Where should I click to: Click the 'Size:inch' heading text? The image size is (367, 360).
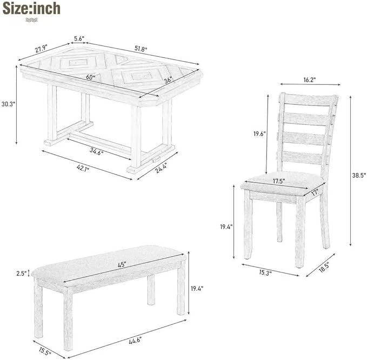31,9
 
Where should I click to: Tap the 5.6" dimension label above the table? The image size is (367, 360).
79,39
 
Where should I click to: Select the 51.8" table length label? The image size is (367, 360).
141,49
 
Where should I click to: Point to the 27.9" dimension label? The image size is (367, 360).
41,49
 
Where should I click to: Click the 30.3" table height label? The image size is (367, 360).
8,104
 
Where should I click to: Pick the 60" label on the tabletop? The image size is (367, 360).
91,77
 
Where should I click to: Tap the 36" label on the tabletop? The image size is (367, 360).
168,80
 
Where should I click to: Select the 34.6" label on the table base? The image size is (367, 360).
96,152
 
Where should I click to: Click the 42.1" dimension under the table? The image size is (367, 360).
83,168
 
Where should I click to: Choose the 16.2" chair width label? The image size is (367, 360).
310,80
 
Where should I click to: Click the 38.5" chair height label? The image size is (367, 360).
359,175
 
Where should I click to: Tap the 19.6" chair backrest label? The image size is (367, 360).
260,134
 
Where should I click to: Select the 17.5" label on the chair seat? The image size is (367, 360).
279,181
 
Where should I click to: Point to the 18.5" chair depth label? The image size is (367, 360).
324,266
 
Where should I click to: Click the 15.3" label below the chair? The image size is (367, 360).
265,272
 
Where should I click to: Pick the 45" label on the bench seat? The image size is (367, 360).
122,265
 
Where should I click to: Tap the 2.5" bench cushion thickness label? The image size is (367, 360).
22,274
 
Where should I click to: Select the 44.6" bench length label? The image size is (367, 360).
135,340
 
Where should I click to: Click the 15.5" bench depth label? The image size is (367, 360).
45,351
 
